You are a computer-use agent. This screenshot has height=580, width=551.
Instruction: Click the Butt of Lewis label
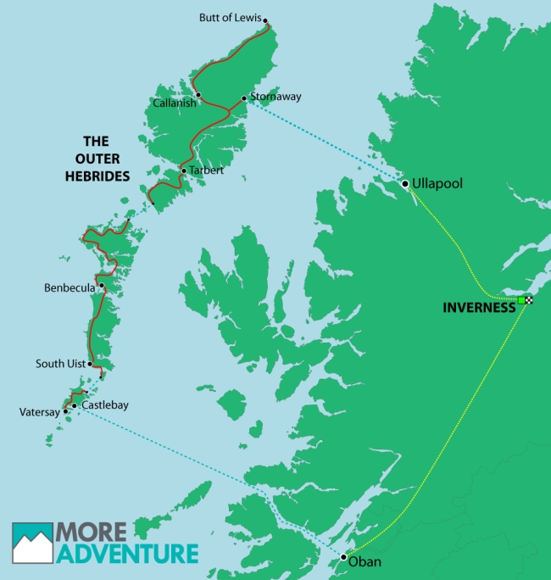pos(230,17)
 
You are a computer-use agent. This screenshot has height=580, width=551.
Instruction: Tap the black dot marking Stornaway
pos(244,98)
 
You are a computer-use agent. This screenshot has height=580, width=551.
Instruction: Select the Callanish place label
pos(175,103)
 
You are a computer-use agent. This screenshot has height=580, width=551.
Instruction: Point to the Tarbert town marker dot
pos(183,170)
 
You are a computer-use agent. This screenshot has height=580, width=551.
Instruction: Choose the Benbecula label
pos(70,288)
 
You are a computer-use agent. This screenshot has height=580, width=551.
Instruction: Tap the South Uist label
pos(59,364)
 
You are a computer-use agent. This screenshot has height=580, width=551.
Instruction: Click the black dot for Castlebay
pos(75,405)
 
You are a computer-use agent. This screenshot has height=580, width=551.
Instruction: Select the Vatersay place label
pos(39,413)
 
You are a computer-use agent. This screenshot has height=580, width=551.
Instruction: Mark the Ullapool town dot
pos(405,183)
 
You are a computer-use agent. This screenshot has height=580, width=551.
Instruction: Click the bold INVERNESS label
pos(479,308)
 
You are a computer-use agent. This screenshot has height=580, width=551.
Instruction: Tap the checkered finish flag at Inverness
pos(529,300)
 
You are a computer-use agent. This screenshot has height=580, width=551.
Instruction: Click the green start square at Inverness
pos(520,300)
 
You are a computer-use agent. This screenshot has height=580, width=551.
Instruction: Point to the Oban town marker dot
pos(343,557)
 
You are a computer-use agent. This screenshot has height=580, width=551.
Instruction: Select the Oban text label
pos(365,562)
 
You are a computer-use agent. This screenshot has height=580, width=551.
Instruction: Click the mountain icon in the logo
pos(32,544)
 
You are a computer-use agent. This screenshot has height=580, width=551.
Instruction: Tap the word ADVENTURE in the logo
pos(127,555)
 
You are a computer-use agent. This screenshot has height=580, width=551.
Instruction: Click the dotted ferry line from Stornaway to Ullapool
pos(322,140)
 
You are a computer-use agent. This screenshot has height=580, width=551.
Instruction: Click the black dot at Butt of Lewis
pos(265,20)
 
